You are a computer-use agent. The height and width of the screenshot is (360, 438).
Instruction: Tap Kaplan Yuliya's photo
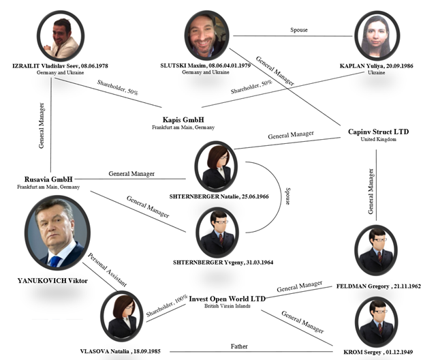(375, 36)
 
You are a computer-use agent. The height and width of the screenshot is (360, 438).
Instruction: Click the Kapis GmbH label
(182, 119)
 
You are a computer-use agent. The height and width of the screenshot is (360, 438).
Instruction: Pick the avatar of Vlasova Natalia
(122, 314)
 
